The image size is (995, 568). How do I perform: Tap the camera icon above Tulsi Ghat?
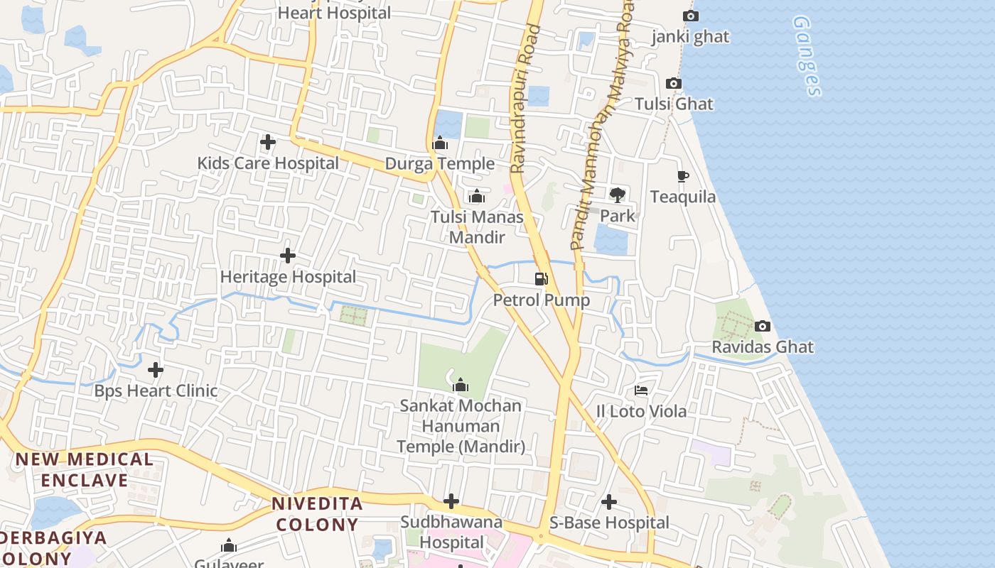click(674, 84)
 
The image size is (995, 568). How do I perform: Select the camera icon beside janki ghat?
click(690, 16)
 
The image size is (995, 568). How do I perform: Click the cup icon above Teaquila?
click(683, 176)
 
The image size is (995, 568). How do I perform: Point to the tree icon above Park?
click(617, 195)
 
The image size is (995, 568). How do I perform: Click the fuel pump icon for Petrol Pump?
click(542, 278)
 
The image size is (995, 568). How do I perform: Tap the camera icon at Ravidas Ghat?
click(763, 326)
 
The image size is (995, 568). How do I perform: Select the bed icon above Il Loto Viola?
click(641, 390)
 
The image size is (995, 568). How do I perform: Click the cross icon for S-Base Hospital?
click(609, 502)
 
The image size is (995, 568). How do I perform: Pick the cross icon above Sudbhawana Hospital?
click(451, 501)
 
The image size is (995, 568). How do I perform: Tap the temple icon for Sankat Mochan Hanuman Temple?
click(461, 385)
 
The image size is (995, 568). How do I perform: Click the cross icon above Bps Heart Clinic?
click(156, 370)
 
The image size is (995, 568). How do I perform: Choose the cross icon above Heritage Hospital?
click(288, 256)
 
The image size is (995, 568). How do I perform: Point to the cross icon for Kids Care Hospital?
click(268, 142)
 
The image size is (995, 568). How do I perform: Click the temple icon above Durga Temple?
click(440, 143)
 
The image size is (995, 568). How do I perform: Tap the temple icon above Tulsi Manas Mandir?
click(477, 196)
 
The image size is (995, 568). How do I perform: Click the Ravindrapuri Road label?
click(525, 99)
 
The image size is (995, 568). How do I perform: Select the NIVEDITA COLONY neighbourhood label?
click(318, 515)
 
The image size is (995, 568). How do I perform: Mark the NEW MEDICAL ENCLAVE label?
click(84, 470)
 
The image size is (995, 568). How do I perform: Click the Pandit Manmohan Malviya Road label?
click(600, 128)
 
